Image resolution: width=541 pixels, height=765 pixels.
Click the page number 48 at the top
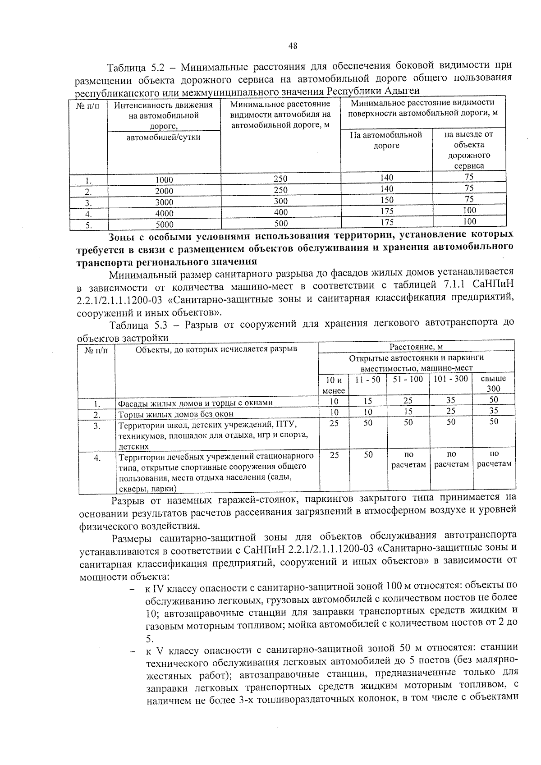coord(293,46)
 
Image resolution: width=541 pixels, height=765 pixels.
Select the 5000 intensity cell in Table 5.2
coord(164,224)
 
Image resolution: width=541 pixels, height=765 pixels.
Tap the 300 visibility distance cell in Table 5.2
coord(280,201)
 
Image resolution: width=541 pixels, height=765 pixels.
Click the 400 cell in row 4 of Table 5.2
coord(280,212)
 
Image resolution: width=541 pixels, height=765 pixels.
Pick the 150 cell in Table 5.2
coord(387,200)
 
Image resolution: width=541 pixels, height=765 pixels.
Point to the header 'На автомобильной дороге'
coord(386,140)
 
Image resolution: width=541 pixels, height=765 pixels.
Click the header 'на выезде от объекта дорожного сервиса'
coord(469,150)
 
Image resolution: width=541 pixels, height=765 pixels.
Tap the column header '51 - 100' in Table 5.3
coord(408,380)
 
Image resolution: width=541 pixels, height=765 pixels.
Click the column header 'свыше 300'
coord(494,384)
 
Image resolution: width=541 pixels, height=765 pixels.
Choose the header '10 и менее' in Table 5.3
coord(334,385)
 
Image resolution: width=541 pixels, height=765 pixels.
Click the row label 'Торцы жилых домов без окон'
coord(176,414)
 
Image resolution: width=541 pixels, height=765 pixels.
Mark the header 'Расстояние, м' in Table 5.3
coord(416,347)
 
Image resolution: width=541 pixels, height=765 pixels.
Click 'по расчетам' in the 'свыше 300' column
coord(494,459)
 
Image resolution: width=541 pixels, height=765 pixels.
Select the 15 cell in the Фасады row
coord(368,401)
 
